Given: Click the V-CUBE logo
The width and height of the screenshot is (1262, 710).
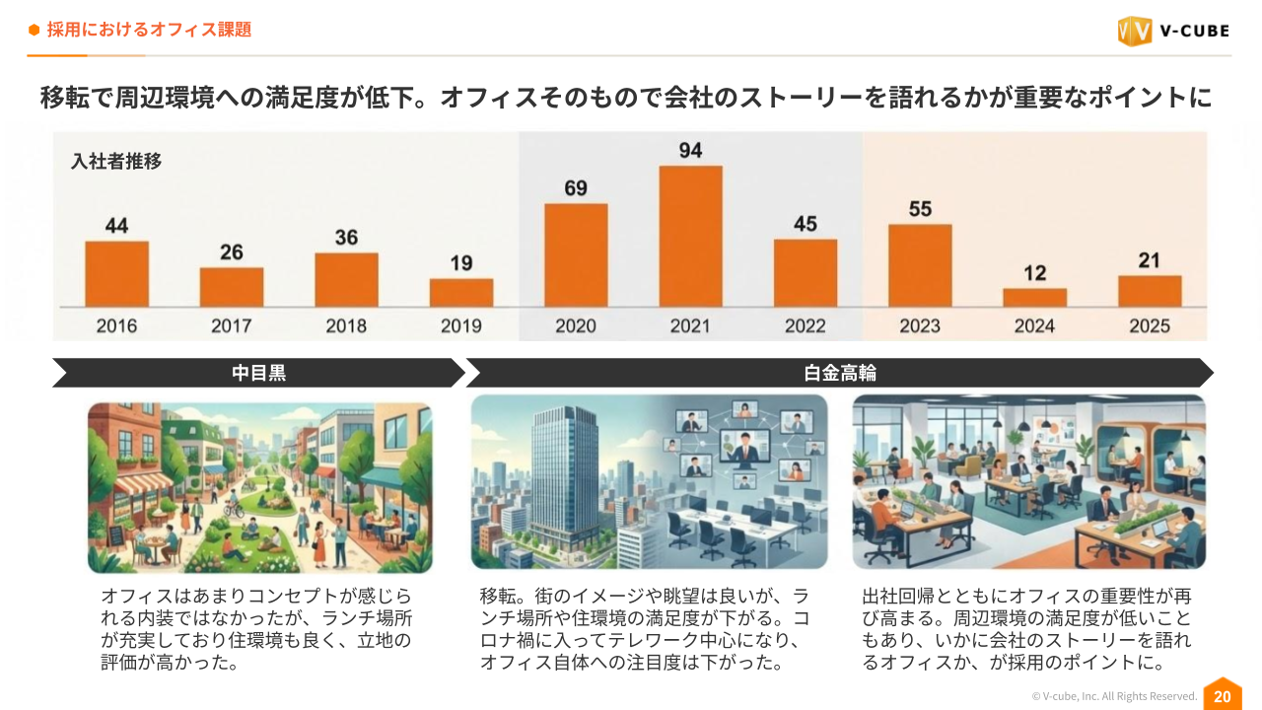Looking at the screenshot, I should tap(1173, 31).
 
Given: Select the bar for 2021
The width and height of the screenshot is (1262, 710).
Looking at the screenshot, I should tap(690, 237).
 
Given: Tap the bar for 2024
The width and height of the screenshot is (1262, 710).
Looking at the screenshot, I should tap(1034, 297).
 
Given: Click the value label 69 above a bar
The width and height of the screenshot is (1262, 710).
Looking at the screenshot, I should tap(576, 188).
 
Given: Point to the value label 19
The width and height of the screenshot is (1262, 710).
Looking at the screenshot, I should tap(461, 263).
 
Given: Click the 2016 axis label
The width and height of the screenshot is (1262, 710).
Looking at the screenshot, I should tap(116, 325).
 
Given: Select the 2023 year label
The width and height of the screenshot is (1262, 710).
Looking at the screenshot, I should tap(920, 325).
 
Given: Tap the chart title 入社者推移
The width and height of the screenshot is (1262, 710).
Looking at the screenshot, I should tap(116, 162).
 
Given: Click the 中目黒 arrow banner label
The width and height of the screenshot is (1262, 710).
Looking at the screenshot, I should tap(258, 373).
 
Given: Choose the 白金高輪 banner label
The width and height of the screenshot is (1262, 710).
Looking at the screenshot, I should tap(840, 373).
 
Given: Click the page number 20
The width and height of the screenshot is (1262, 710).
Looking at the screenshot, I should tap(1222, 696).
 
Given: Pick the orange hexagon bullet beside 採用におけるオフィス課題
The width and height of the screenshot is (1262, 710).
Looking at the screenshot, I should tap(35, 30).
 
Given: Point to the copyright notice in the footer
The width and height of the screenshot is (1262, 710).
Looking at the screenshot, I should tap(1114, 696).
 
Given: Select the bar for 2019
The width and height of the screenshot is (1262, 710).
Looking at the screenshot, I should tap(461, 292).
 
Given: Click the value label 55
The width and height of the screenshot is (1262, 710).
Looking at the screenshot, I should tap(920, 209).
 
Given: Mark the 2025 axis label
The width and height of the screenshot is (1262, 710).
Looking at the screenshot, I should tap(1150, 325).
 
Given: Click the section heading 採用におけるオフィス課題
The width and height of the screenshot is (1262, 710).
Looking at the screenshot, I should tap(149, 30).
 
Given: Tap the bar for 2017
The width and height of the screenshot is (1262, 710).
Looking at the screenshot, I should tap(232, 287).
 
